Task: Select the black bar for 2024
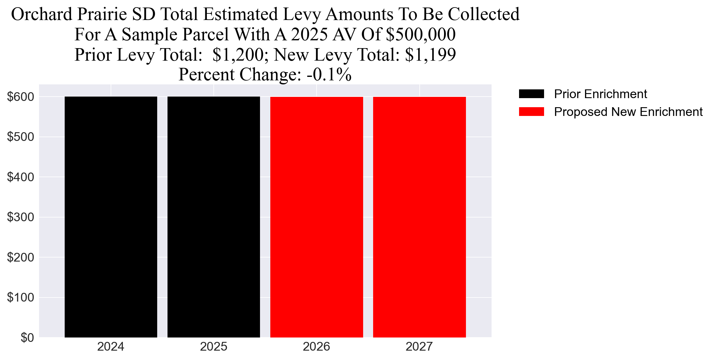(111, 217)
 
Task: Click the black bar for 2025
(213, 217)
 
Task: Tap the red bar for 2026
(317, 217)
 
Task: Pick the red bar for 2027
(419, 217)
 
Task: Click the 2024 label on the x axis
(111, 347)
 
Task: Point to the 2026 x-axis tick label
(316, 347)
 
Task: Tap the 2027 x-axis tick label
(419, 347)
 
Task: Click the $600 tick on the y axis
(21, 97)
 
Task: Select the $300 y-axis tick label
(21, 217)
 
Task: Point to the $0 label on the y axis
(27, 337)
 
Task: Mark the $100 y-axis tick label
(21, 297)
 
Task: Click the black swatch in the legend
(531, 94)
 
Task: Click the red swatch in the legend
(531, 112)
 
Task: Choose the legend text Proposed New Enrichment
(628, 112)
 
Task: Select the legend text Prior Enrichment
(600, 94)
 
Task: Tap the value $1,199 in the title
(430, 55)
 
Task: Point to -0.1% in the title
(329, 74)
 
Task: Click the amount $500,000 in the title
(421, 34)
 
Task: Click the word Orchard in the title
(42, 14)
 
